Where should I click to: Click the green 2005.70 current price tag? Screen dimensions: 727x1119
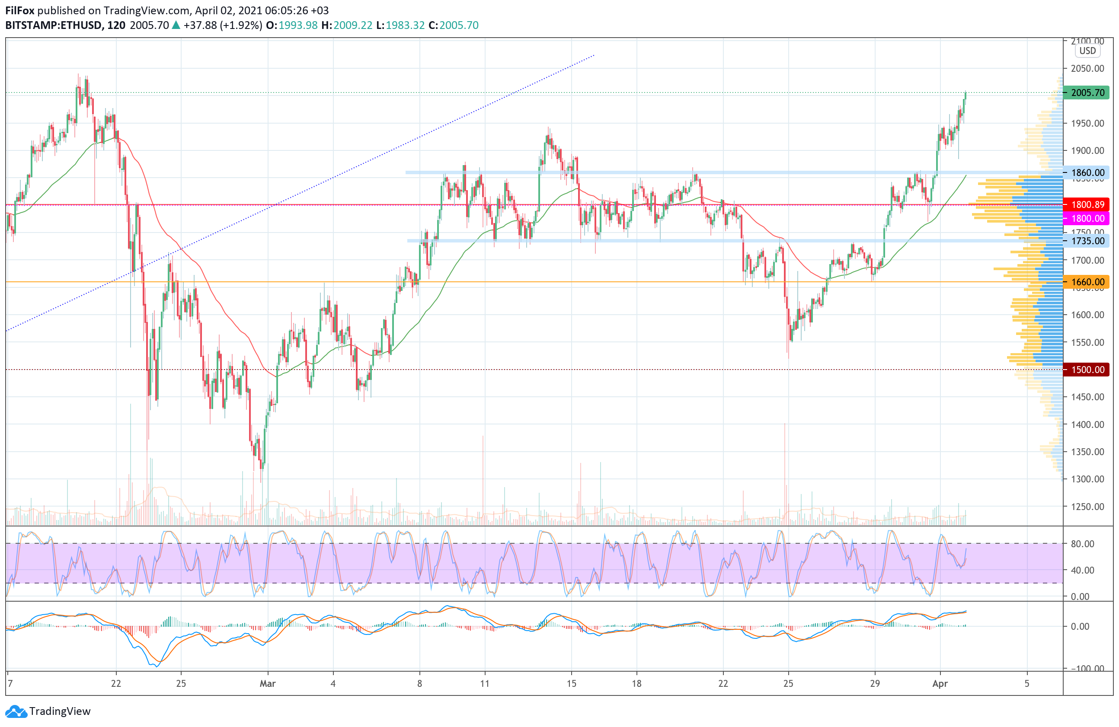pyautogui.click(x=1087, y=92)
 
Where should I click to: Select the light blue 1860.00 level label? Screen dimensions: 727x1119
pyautogui.click(x=1087, y=172)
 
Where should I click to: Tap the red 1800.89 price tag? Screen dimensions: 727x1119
pyautogui.click(x=1087, y=204)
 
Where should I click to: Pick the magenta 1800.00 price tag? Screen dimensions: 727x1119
pyautogui.click(x=1087, y=218)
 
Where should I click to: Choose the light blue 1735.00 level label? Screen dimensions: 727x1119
pyautogui.click(x=1087, y=241)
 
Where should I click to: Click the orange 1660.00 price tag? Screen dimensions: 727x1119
pyautogui.click(x=1087, y=282)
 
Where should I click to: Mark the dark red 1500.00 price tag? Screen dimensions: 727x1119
pyautogui.click(x=1087, y=370)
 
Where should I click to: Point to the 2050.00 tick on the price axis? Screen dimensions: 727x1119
pyautogui.click(x=1087, y=69)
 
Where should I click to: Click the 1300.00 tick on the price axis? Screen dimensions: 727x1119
pyautogui.click(x=1087, y=479)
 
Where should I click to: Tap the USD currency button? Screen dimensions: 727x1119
pyautogui.click(x=1087, y=51)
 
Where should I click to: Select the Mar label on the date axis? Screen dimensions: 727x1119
pyautogui.click(x=268, y=683)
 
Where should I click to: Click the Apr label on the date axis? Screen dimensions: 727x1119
pyautogui.click(x=940, y=683)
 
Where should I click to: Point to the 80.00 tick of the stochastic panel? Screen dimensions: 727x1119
pyautogui.click(x=1082, y=544)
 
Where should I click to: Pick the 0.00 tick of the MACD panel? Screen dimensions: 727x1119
pyautogui.click(x=1080, y=626)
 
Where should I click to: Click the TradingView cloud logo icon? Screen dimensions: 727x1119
pyautogui.click(x=16, y=711)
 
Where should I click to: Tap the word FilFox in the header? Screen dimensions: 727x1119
pyautogui.click(x=20, y=10)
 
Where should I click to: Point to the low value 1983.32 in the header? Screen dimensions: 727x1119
pyautogui.click(x=405, y=26)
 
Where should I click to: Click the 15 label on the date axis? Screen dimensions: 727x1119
pyautogui.click(x=571, y=683)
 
